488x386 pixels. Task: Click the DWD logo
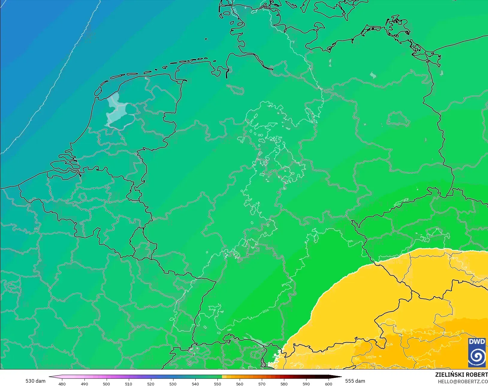(477, 352)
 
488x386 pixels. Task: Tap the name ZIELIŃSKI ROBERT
(461, 375)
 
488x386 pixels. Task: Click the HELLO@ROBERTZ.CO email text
(463, 382)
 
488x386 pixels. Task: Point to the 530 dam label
(35, 381)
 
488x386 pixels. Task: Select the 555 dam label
(355, 381)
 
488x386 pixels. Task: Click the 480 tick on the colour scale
(62, 384)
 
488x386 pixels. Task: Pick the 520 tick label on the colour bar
(151, 384)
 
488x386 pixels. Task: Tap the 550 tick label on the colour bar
(217, 384)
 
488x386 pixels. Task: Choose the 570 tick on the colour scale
(262, 384)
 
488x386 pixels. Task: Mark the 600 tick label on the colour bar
(329, 384)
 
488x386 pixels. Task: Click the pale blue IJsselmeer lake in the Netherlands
(115, 109)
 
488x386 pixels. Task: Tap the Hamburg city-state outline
(235, 89)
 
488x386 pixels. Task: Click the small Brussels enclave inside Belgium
(83, 197)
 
